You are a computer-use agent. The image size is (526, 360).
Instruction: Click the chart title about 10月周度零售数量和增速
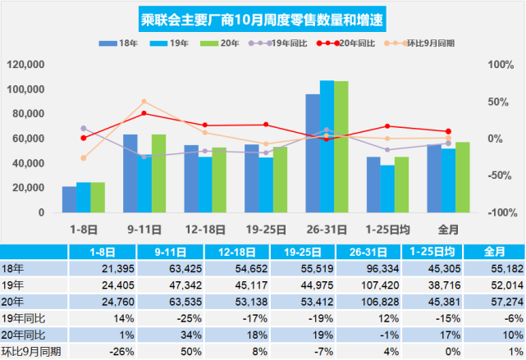point(263,17)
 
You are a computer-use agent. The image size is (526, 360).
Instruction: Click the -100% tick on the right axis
point(501,212)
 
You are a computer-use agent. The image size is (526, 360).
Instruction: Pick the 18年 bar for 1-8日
point(69,199)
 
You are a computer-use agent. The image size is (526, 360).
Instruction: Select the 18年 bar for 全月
point(434,178)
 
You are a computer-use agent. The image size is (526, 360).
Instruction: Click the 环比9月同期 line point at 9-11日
point(144,102)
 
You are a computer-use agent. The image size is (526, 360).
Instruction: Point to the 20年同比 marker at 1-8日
point(83,138)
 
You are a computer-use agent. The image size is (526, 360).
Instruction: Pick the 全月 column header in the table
point(495,251)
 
